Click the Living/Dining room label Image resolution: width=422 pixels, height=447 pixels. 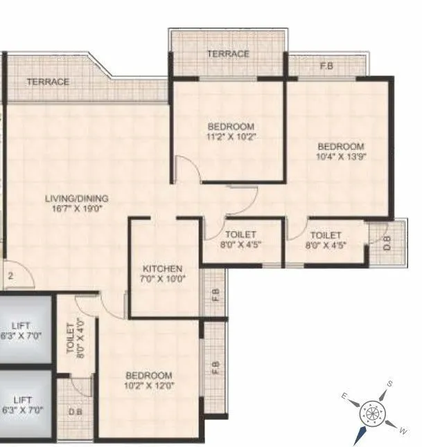coord(76,199)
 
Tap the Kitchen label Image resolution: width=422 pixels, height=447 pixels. coord(162,269)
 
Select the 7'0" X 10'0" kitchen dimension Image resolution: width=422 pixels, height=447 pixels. coord(162,280)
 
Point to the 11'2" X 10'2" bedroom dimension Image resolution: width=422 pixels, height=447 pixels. coord(231,137)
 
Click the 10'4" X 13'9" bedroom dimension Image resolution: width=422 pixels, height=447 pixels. coord(341,157)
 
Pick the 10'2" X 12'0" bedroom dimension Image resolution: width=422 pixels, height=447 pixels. coord(149,385)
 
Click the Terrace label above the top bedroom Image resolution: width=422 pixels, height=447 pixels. coord(228,54)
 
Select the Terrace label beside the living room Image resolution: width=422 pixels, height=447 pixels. coord(48,82)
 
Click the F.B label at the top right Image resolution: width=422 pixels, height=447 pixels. coord(325,67)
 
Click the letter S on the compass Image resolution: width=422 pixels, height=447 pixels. coord(390,385)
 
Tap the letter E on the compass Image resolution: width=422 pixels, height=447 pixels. coord(344,396)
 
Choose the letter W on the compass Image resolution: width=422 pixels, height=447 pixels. coord(403,430)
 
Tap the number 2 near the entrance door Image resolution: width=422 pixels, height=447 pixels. coord(11,275)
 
